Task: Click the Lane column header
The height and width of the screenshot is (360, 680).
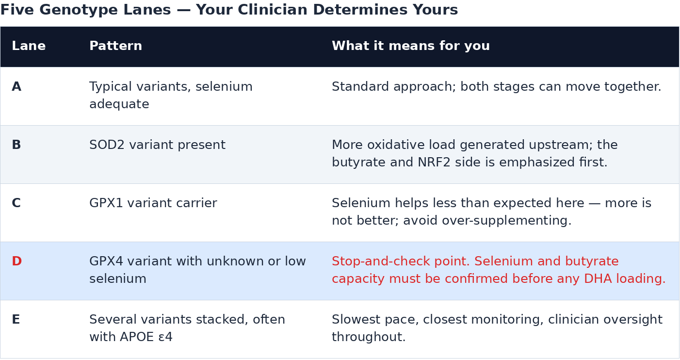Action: [29, 46]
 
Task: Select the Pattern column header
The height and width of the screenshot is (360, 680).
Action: [115, 46]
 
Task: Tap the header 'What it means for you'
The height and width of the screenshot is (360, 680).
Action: [411, 46]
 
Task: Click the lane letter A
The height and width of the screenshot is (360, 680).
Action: [16, 86]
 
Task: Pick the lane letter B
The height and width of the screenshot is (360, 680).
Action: [16, 145]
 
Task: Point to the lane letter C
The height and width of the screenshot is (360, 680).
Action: [16, 203]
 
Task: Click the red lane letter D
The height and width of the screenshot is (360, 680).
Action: [16, 262]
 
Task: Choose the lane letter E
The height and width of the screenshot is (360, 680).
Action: [16, 320]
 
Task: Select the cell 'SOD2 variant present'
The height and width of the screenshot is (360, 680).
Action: [157, 145]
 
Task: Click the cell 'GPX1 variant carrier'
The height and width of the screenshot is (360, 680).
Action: [153, 203]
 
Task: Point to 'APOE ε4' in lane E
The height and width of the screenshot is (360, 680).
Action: [146, 337]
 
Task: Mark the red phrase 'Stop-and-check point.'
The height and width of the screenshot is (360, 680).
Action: [401, 262]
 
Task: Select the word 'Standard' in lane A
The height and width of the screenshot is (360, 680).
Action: [360, 86]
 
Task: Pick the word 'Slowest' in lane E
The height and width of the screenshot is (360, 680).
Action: [354, 320]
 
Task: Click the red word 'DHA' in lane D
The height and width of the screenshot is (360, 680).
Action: [598, 278]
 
